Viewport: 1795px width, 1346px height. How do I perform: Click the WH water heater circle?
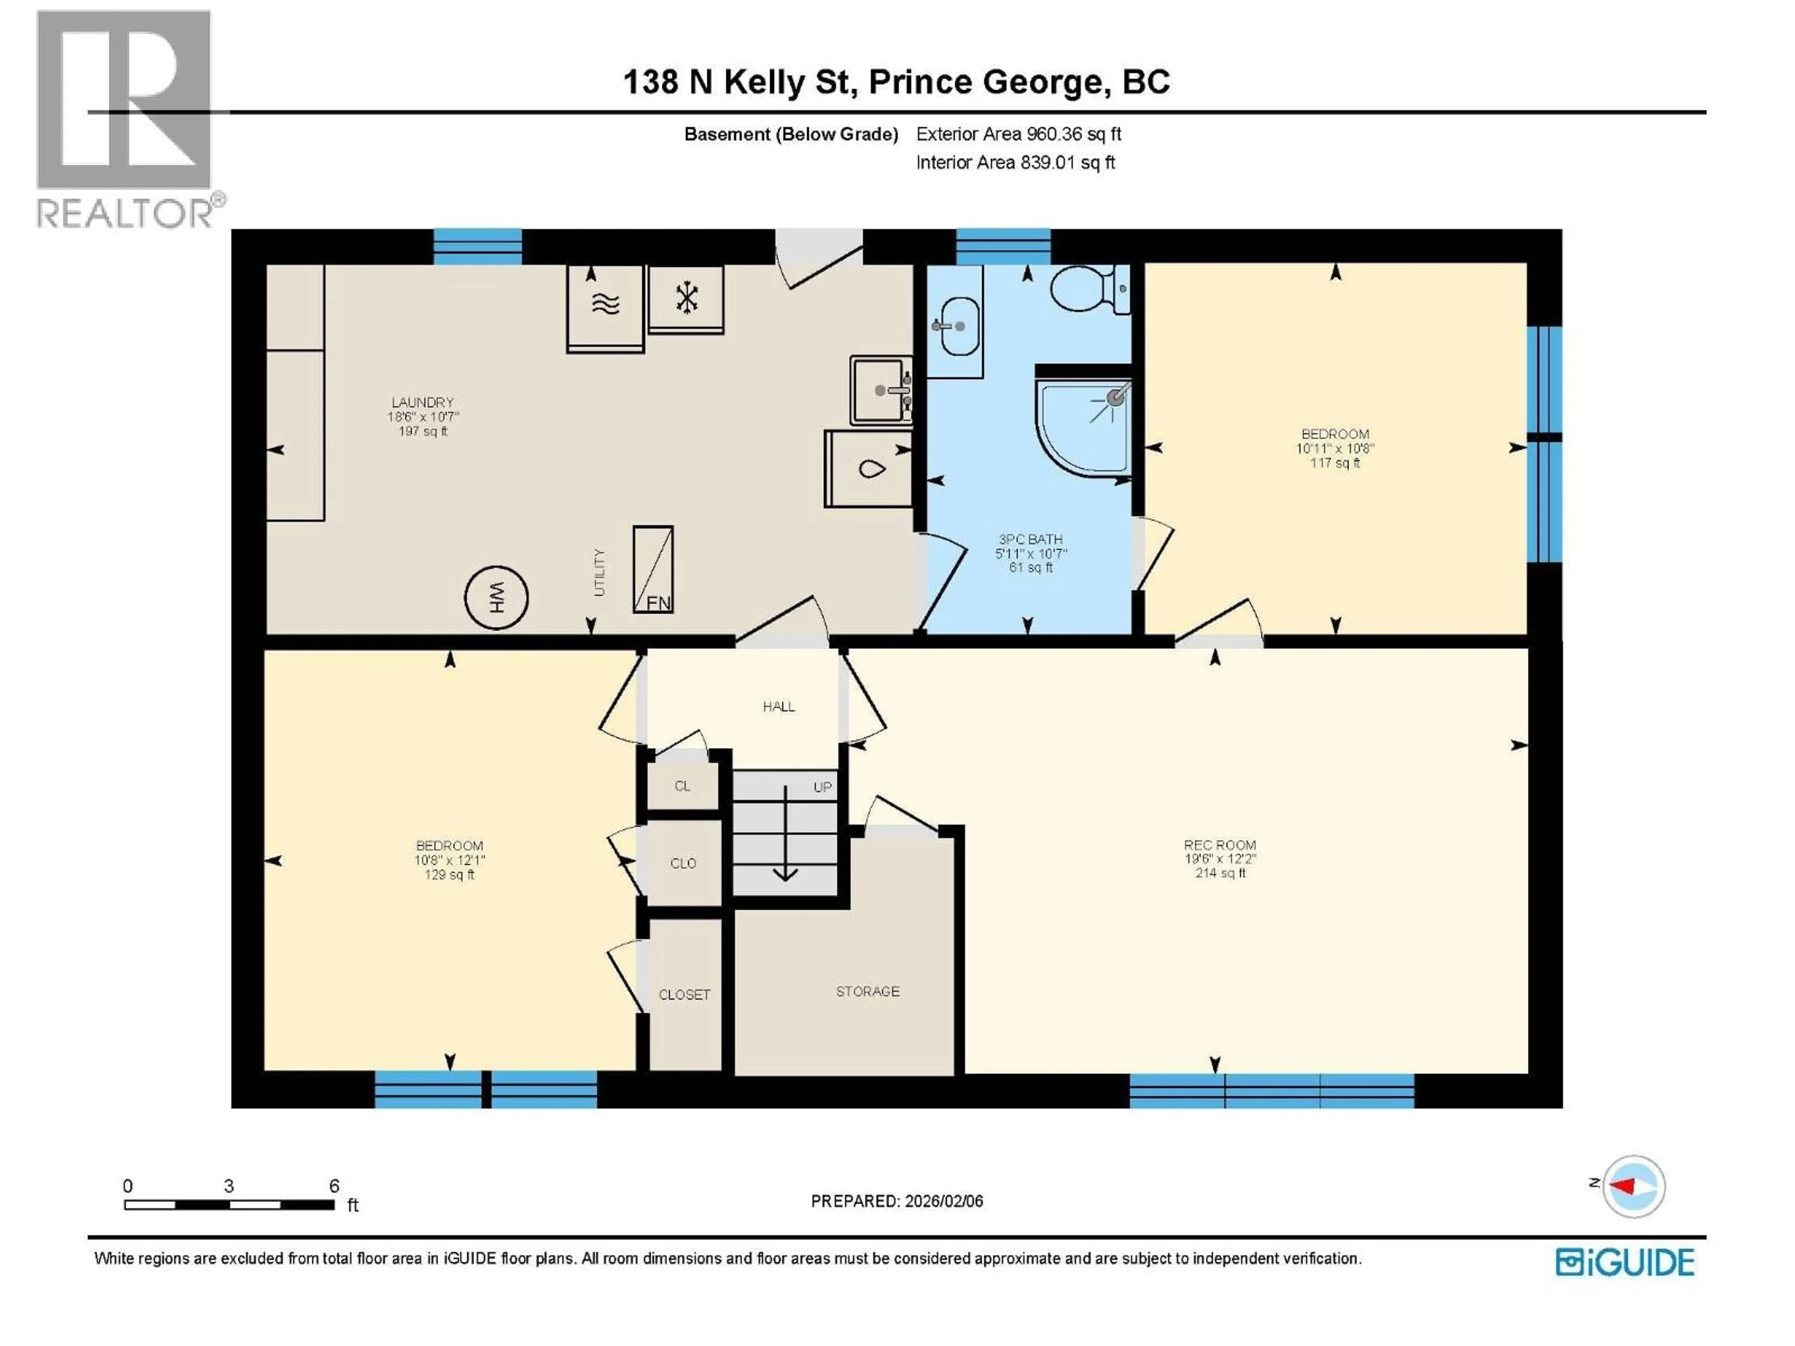496,598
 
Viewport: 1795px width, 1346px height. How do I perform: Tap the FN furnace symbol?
653,570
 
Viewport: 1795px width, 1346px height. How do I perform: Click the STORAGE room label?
868,991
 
